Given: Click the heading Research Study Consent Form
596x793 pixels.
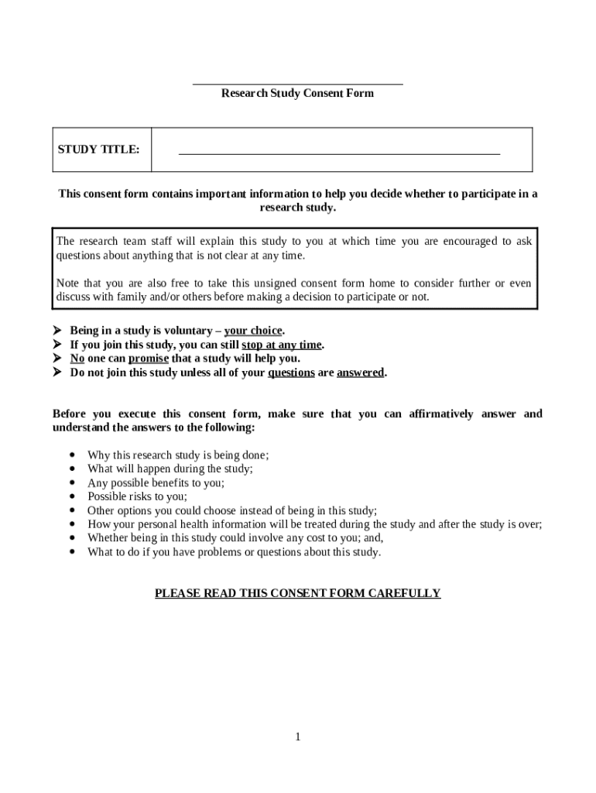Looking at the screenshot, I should pos(297,93).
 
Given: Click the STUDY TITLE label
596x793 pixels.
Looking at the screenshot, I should pos(98,149).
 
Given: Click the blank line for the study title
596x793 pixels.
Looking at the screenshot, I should pos(339,153).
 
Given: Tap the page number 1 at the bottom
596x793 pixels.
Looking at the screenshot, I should pos(297,736).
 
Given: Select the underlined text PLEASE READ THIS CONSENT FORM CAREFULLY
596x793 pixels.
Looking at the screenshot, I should pos(297,593).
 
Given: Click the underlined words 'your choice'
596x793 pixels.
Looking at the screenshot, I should pos(253,331).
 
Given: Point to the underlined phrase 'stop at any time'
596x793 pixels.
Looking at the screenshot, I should pos(281,345).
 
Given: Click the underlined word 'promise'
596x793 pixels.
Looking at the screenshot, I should pos(148,359).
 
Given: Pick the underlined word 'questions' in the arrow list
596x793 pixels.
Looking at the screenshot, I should pos(291,372).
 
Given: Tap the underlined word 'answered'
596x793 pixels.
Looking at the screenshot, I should pos(360,372).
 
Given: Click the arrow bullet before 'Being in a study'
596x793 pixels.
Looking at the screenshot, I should pos(57,331).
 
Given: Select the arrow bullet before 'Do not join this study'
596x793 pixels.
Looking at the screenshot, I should pos(57,372).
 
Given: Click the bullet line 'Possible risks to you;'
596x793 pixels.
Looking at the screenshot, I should pos(137,496).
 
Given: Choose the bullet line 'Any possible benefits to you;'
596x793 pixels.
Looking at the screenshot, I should pos(156,482).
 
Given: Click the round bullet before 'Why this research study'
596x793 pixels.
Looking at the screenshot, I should pos(73,455).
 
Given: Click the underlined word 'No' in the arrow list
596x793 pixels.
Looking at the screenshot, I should pos(77,359).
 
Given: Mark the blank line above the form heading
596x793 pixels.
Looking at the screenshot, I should pos(297,83).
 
